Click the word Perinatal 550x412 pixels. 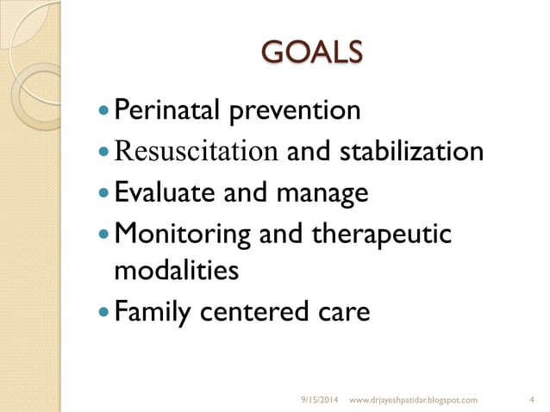click(x=162, y=110)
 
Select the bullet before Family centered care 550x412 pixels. click(x=104, y=312)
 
